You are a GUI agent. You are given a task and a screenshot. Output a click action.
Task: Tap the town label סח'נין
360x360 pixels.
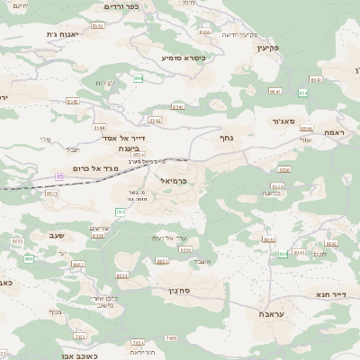[x=175, y=292]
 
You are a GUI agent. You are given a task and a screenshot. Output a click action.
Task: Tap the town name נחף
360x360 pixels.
[x=226, y=138]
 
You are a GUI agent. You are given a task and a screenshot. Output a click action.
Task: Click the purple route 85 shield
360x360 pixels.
[x=59, y=175]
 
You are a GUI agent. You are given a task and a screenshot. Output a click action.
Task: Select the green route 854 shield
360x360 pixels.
[x=138, y=78]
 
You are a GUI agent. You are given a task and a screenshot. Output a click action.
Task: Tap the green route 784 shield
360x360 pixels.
[x=120, y=212]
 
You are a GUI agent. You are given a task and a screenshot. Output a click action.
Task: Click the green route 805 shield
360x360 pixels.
[x=28, y=259]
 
